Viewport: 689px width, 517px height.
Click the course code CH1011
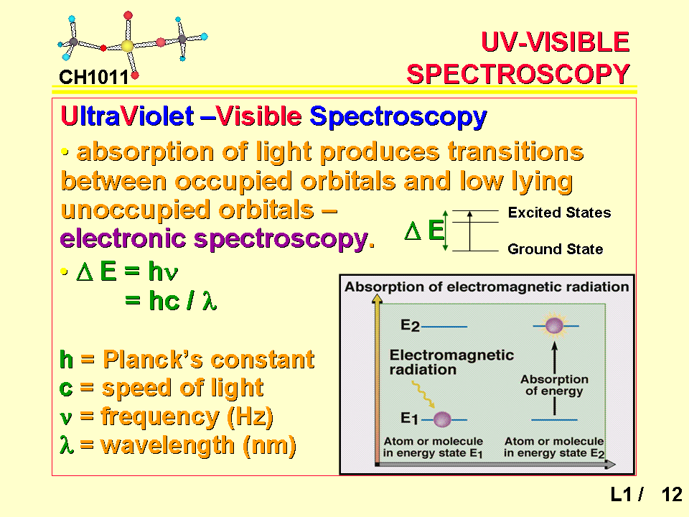pos(93,78)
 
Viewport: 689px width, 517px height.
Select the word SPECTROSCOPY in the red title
pos(518,74)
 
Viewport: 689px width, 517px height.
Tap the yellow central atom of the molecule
pos(127,46)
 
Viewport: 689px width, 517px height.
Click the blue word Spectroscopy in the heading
pos(398,116)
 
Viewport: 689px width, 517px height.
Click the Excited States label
pos(559,213)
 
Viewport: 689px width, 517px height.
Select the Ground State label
pos(556,249)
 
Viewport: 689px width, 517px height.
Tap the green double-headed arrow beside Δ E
pos(445,230)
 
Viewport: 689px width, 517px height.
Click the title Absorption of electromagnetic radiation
pos(487,287)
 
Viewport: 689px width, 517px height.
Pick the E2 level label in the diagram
pos(410,325)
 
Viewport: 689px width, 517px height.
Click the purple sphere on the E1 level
pos(442,419)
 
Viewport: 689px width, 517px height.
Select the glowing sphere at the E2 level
pos(554,326)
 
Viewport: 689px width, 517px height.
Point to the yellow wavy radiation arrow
pos(423,395)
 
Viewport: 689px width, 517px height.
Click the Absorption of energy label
pos(554,385)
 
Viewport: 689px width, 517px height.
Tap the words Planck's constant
pos(209,360)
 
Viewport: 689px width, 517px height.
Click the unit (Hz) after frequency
pos(250,416)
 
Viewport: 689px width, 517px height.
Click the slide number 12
pos(672,495)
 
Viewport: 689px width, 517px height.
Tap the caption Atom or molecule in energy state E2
pos(554,447)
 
